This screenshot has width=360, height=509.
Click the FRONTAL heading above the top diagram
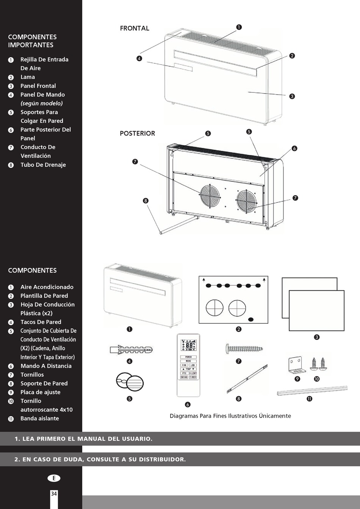point(135,28)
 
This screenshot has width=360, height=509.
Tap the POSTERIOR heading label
point(137,133)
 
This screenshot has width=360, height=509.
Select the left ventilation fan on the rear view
point(210,196)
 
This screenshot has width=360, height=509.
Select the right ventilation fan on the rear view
point(247,200)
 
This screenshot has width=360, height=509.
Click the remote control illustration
point(188,365)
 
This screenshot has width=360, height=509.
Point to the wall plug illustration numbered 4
point(131,349)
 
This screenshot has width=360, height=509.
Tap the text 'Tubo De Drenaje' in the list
point(43,165)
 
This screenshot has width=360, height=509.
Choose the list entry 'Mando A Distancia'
point(46,366)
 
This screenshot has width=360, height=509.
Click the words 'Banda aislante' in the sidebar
point(39,418)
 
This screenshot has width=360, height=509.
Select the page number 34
point(54,493)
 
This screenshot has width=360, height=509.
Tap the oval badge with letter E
point(54,478)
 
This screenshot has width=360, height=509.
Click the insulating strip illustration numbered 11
point(312,390)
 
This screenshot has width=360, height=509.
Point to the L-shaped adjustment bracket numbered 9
point(296,365)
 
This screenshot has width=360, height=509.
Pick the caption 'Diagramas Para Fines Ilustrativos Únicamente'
point(230,416)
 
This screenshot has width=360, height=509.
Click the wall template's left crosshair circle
point(214,308)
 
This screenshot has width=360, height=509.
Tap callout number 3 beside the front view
point(292,96)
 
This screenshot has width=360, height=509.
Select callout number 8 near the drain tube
point(146,200)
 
